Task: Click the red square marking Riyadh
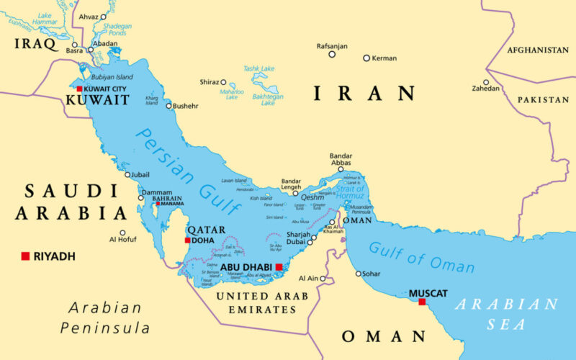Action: click(25, 256)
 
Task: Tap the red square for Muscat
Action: click(423, 302)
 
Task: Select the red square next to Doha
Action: click(188, 240)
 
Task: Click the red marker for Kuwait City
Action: click(79, 89)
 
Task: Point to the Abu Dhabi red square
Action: click(279, 266)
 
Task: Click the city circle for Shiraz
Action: click(223, 82)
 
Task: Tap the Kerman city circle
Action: click(366, 58)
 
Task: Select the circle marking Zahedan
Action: click(486, 82)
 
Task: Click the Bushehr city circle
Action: click(169, 106)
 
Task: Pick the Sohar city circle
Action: click(359, 273)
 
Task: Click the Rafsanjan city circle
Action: click(332, 54)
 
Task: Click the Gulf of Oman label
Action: click(421, 256)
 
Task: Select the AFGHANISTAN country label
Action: click(537, 50)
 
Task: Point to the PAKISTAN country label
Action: click(543, 99)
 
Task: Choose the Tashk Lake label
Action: click(258, 68)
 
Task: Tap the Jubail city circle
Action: click(127, 174)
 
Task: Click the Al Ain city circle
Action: click(323, 279)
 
